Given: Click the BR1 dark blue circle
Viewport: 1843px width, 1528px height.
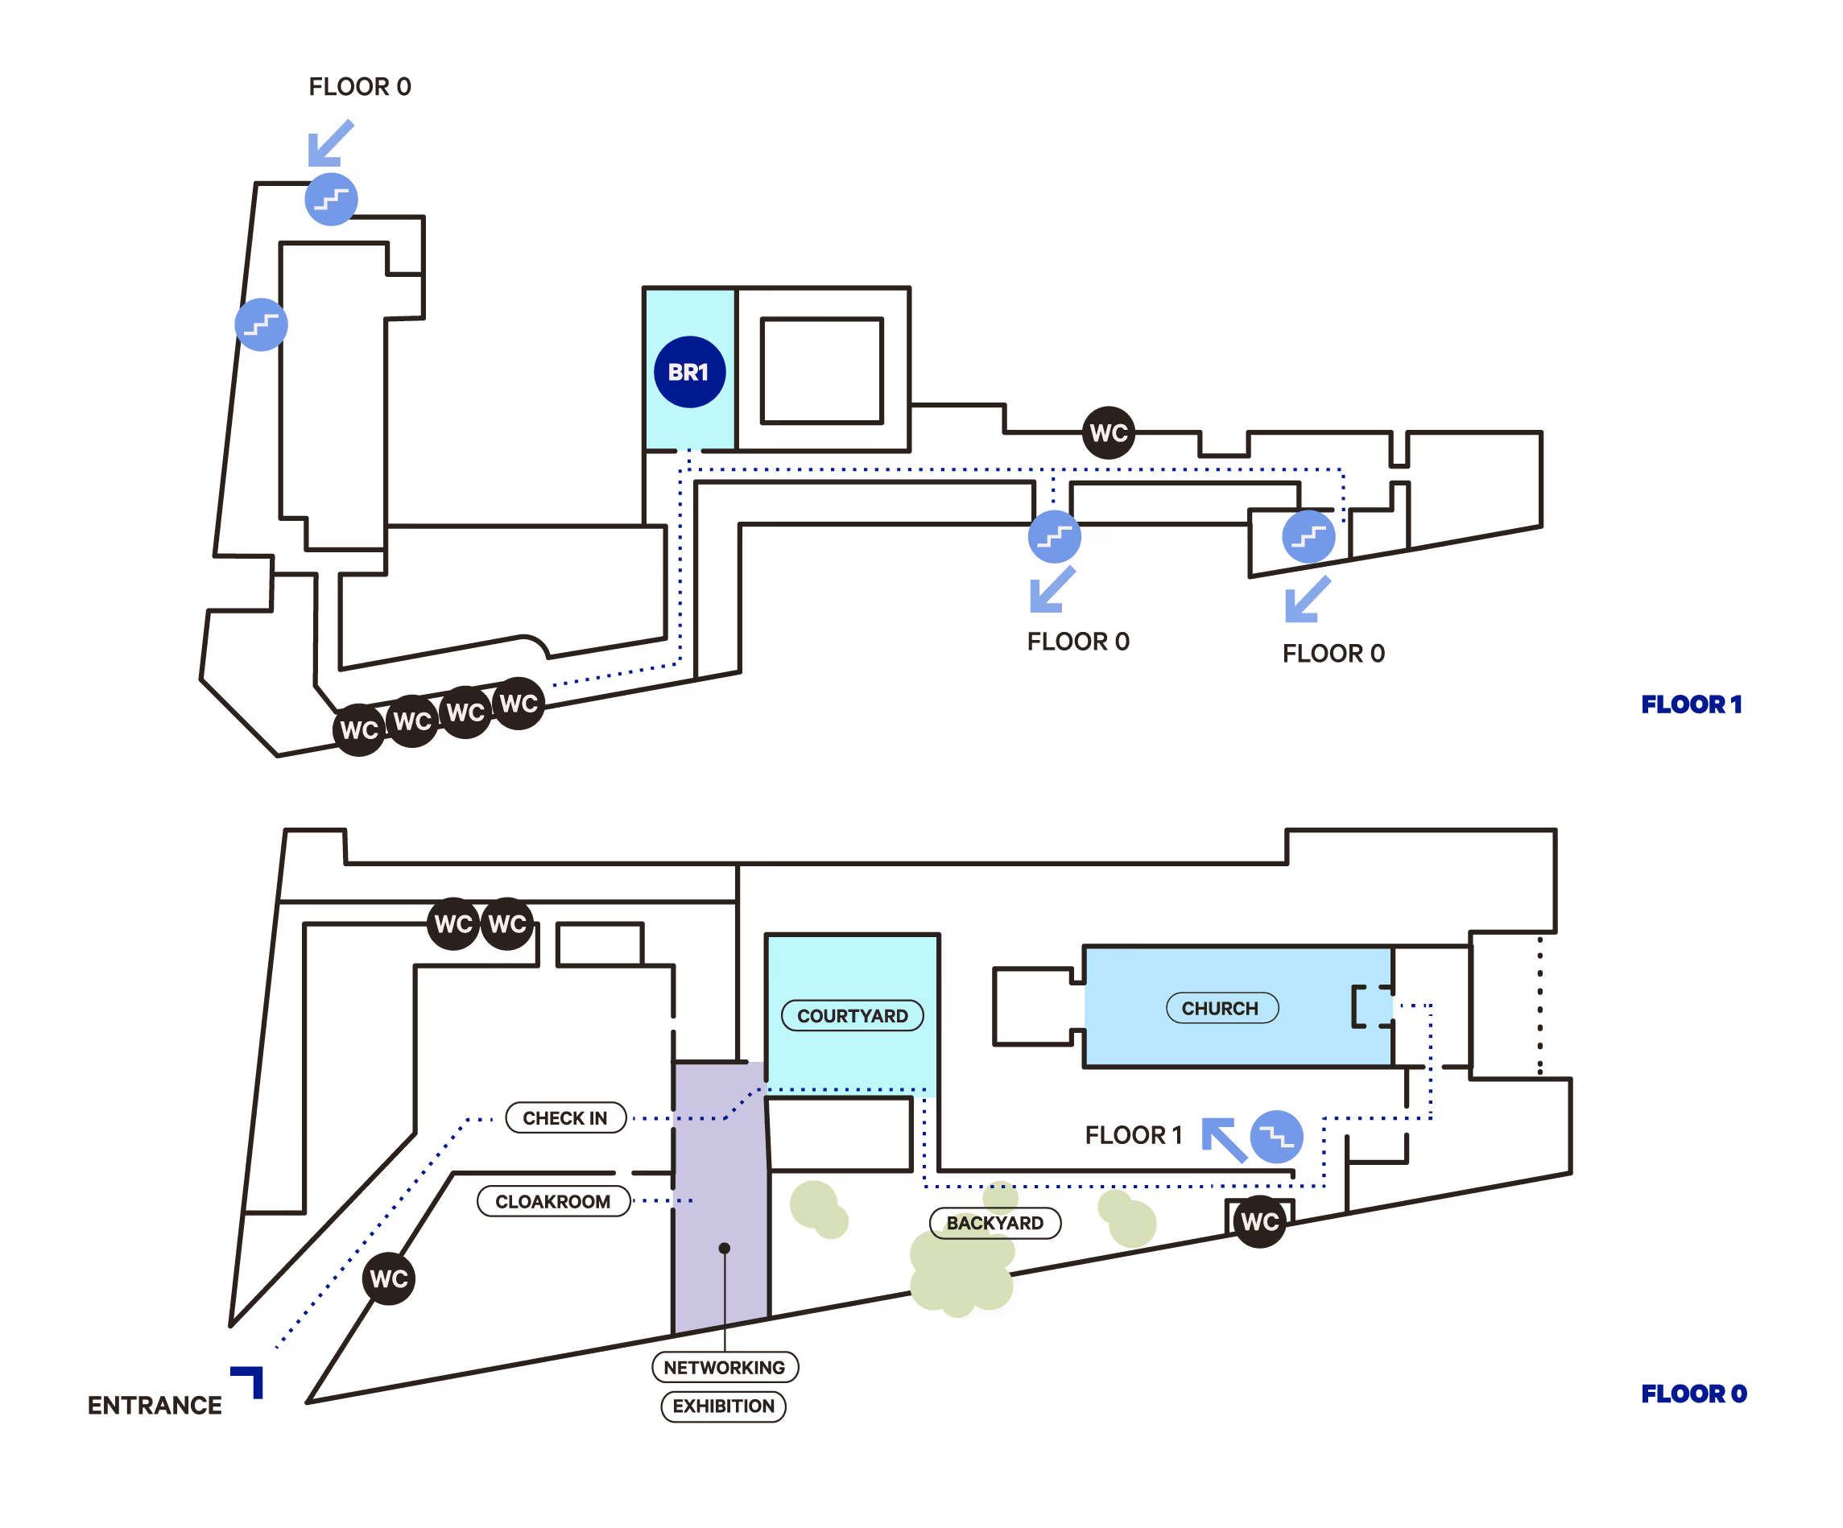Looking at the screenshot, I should [x=689, y=372].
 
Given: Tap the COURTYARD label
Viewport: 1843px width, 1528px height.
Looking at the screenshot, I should [x=851, y=1015].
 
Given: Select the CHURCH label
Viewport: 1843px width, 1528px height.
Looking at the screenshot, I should [x=1221, y=1009].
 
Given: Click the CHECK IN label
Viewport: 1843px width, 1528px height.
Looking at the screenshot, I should [x=565, y=1118].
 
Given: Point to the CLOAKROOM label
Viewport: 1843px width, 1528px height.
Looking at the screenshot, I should [x=553, y=1201].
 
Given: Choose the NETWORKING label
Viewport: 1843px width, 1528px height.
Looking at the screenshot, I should [x=724, y=1367].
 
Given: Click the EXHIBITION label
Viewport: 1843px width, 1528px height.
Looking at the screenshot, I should [x=723, y=1406].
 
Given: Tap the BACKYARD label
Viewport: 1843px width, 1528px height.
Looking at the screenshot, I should [x=995, y=1224].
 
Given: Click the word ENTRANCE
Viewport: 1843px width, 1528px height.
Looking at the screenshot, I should [x=155, y=1405].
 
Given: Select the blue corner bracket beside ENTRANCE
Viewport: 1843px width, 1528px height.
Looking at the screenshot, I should [x=250, y=1379].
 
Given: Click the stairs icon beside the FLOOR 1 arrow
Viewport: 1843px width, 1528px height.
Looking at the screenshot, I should [x=1276, y=1138].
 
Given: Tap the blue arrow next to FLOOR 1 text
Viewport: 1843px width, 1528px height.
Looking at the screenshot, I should [x=1223, y=1139].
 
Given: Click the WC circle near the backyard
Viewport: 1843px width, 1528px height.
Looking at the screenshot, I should [x=1259, y=1222].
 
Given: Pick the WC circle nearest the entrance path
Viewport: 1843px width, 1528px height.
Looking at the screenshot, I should [x=389, y=1278].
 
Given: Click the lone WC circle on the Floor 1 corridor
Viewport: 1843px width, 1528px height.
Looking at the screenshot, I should [x=1109, y=432].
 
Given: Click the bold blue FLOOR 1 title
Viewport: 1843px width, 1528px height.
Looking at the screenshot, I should [x=1691, y=704].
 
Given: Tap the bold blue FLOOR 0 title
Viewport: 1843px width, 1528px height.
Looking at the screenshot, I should [x=1693, y=1394].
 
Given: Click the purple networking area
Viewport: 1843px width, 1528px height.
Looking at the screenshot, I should [x=720, y=1167].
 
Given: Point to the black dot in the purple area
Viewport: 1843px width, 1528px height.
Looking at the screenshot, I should [x=724, y=1248].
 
